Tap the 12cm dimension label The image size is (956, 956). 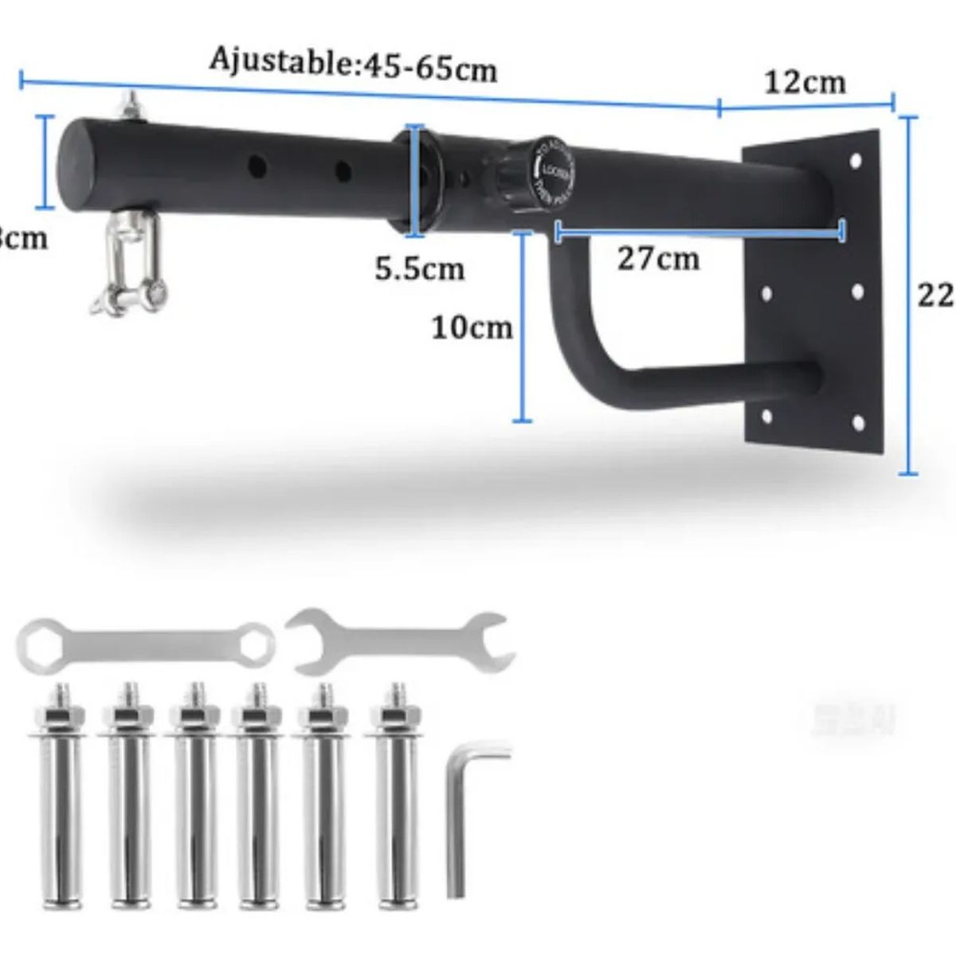coord(805,81)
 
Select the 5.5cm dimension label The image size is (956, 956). coord(420,268)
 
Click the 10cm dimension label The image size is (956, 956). coord(472,327)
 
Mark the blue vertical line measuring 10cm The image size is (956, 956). coord(523,327)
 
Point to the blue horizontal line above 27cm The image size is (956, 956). coord(698,232)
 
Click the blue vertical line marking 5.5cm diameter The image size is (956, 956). coord(413,180)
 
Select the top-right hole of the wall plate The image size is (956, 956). coord(856,161)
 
